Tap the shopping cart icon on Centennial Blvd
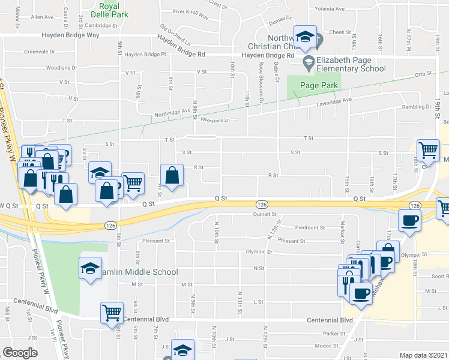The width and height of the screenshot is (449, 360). (x=112, y=312)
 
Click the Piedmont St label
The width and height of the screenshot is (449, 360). (x=310, y=228)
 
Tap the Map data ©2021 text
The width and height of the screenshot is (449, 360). (x=423, y=355)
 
